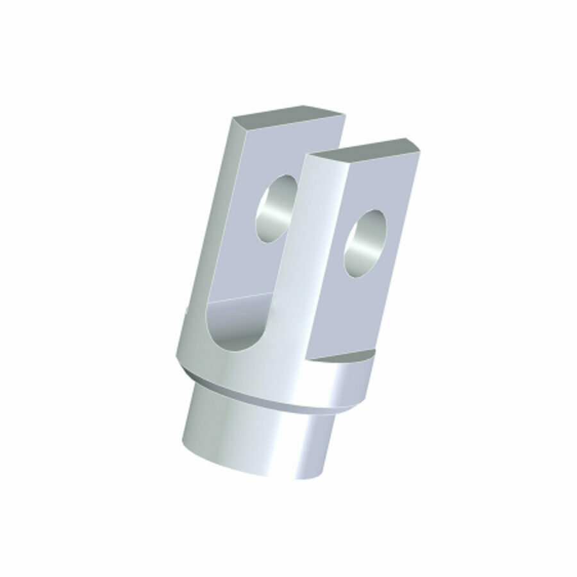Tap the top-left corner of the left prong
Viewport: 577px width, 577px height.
(232, 120)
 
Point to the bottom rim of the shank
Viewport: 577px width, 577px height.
(256, 473)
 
